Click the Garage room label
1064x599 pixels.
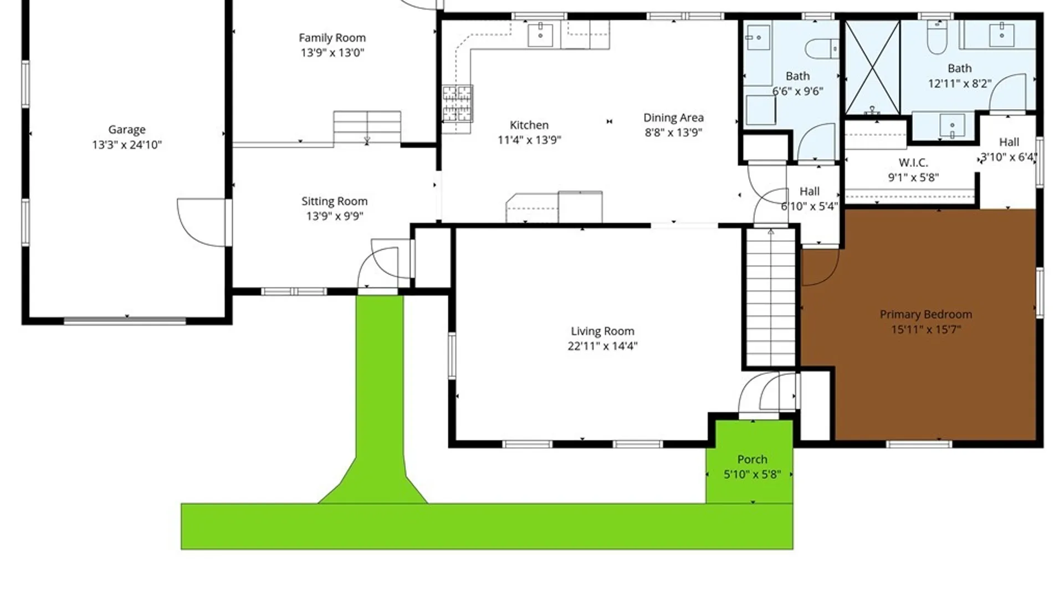127,130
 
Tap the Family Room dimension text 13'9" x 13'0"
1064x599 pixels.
332,53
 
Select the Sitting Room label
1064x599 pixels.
334,201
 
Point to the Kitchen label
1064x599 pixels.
529,125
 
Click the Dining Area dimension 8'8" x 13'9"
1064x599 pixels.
673,133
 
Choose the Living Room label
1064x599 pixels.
602,331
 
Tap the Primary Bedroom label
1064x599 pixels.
926,314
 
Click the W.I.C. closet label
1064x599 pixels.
913,163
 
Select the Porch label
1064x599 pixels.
752,459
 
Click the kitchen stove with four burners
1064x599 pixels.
457,104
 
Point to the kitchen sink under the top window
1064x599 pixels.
540,35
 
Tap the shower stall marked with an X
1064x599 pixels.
872,67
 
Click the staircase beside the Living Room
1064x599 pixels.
771,297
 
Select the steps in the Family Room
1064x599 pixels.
367,128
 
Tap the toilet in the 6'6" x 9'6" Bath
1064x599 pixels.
822,49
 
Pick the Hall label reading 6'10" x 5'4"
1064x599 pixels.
810,199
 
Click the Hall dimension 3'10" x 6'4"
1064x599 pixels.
1009,158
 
